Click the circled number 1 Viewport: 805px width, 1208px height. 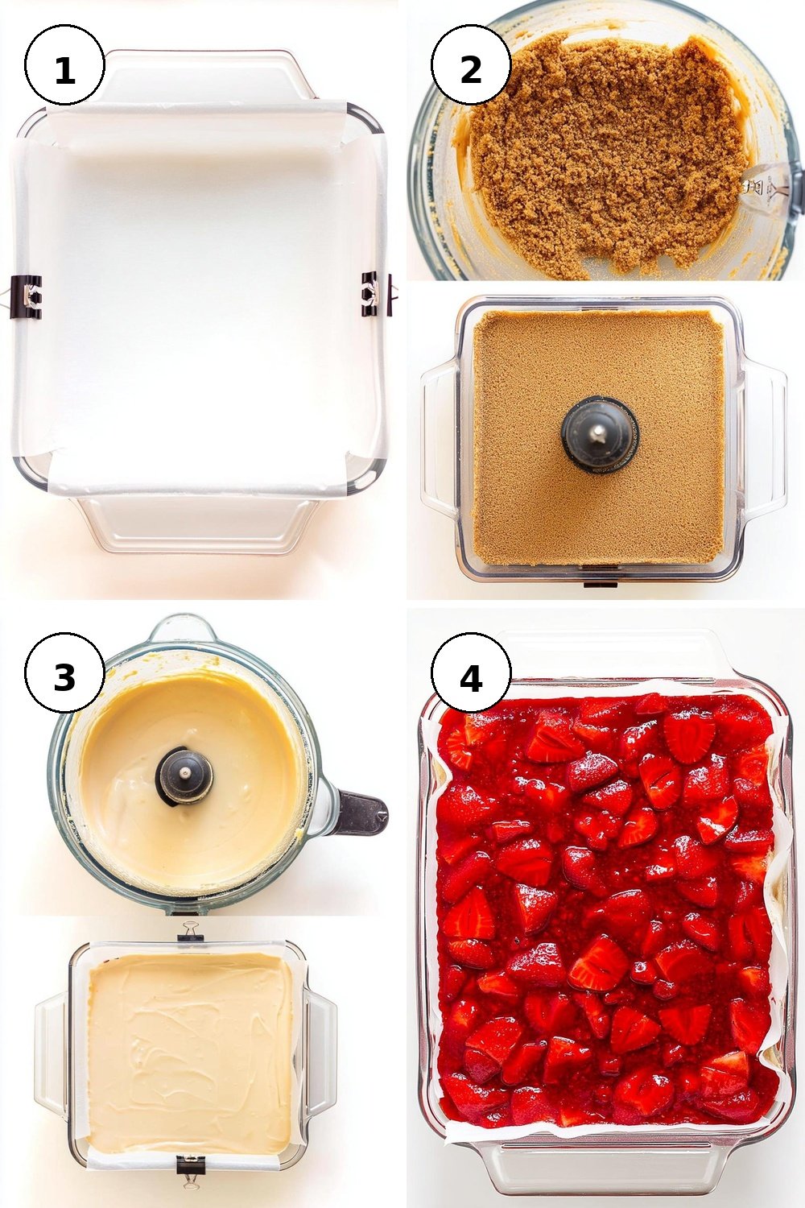click(64, 64)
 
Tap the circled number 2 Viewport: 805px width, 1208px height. click(471, 64)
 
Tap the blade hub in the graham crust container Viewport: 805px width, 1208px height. click(598, 431)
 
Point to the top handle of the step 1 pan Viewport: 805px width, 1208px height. click(202, 77)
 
